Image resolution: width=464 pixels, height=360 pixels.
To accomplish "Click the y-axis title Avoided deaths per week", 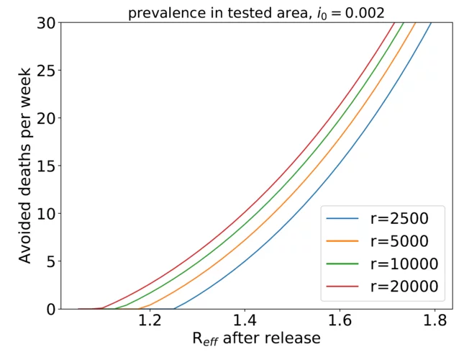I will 24,166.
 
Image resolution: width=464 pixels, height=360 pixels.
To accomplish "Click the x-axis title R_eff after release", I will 257,338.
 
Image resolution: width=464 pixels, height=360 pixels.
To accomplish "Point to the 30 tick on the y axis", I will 45,22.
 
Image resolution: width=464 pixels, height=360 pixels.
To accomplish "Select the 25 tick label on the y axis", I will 45,71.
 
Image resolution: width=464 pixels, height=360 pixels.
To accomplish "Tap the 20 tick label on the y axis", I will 45,118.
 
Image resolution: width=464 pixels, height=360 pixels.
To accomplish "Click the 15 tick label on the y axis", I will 45,166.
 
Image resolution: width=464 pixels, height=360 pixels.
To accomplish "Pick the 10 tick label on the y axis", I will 45,214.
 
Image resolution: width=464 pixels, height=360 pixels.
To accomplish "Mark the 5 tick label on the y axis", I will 50,261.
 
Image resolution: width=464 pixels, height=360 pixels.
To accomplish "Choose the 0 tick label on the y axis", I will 50,309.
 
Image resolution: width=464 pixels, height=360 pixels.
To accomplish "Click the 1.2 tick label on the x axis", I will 150,321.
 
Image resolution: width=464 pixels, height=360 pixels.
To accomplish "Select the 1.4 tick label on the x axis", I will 245,321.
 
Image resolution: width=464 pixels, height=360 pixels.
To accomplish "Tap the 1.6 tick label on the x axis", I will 340,321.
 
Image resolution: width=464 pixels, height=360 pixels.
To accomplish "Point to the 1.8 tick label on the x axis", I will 435,321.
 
